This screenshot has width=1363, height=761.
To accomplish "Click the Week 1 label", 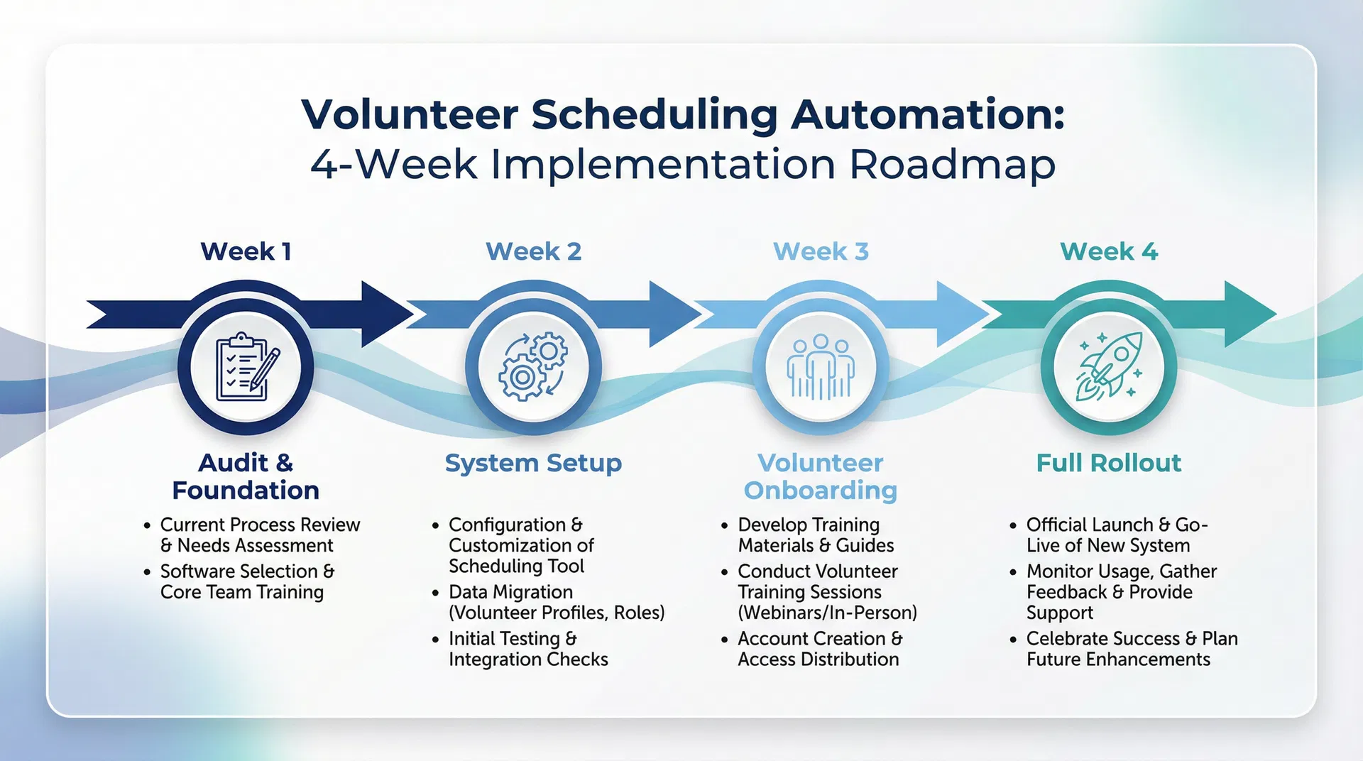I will tap(246, 251).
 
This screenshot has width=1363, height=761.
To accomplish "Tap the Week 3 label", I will tap(821, 251).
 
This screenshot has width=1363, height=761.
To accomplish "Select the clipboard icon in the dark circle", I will tap(246, 367).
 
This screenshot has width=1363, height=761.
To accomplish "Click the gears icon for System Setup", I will tap(533, 367).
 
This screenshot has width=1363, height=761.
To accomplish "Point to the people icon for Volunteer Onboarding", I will tap(821, 367).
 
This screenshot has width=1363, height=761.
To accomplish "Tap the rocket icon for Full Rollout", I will tap(1109, 367).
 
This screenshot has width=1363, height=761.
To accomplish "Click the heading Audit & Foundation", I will tap(246, 476).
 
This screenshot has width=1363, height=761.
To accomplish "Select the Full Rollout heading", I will tap(1108, 463).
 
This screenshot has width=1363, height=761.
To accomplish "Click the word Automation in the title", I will tap(927, 114).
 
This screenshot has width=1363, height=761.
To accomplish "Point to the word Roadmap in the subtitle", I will tap(952, 164).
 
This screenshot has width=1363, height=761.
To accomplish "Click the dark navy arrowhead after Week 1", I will tap(385, 314).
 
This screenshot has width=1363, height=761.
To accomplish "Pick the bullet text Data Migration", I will tap(510, 592).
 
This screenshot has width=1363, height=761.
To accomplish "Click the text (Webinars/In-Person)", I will tap(827, 613).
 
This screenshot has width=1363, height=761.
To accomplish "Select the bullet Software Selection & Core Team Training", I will tap(246, 581).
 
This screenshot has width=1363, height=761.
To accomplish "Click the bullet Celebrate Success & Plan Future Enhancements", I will tap(1131, 649).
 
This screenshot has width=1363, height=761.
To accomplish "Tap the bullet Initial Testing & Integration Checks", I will tap(527, 649).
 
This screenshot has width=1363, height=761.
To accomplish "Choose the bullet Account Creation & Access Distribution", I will tap(819, 649).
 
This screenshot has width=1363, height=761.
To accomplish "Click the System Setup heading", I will tap(533, 463).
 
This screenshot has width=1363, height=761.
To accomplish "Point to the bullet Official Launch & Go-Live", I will tap(1116, 535).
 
